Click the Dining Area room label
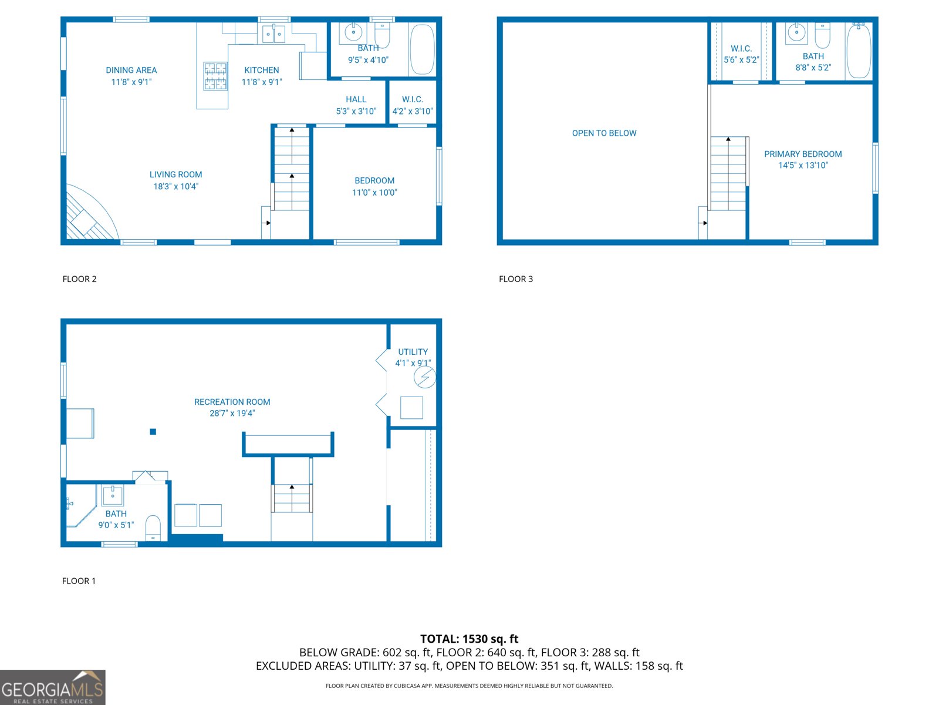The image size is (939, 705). point(131,76)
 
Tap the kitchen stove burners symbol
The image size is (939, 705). point(215,76)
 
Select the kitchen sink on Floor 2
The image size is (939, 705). point(273,34)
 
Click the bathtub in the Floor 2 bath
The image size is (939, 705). point(422,49)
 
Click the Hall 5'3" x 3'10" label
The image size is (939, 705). point(356,105)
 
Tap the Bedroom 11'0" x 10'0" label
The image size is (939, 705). point(374,186)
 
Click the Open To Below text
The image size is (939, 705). point(604,133)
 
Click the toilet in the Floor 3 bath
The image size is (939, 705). point(823,35)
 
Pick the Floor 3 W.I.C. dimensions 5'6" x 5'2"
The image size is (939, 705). point(741,60)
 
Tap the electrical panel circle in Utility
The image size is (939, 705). point(425,377)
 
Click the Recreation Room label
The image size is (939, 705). point(232,407)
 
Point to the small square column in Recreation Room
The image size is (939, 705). point(153,432)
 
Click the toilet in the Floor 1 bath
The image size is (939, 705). point(153,528)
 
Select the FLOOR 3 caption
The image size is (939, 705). point(515,279)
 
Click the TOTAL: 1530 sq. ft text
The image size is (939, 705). point(469,639)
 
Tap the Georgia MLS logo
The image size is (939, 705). point(53,687)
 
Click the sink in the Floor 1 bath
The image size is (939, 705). point(113,495)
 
